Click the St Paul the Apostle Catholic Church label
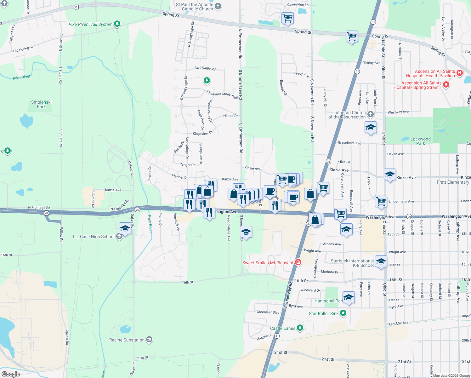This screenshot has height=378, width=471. coord(195,7)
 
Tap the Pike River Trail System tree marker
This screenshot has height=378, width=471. coord(117,24)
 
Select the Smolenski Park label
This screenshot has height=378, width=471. coord(41,104)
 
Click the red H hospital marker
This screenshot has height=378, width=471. coord(459,73)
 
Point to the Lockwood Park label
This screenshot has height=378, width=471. coord(420,141)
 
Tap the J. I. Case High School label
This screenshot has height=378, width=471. coord(93,237)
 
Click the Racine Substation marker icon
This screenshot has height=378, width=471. coord(149,340)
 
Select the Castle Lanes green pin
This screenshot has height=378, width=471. coord(300,328)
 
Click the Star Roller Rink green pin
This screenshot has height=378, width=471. coord(343,313)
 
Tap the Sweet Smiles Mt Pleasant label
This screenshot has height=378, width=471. coord(268,263)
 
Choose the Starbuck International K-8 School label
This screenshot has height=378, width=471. coord(352,263)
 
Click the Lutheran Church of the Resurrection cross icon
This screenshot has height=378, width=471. coord(371,114)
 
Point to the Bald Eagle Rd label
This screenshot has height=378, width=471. coord(205,68)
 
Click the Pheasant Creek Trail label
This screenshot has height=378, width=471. coord(222,94)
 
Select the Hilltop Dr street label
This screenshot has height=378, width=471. coord(230,116)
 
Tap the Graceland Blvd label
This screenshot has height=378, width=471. coord(349,143)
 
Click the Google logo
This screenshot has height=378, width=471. coord(11,374)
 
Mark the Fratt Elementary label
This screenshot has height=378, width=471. coord(453,182)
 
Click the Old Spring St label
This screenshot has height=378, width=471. coord(23,49)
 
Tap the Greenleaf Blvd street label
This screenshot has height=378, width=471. coord(268,312)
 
